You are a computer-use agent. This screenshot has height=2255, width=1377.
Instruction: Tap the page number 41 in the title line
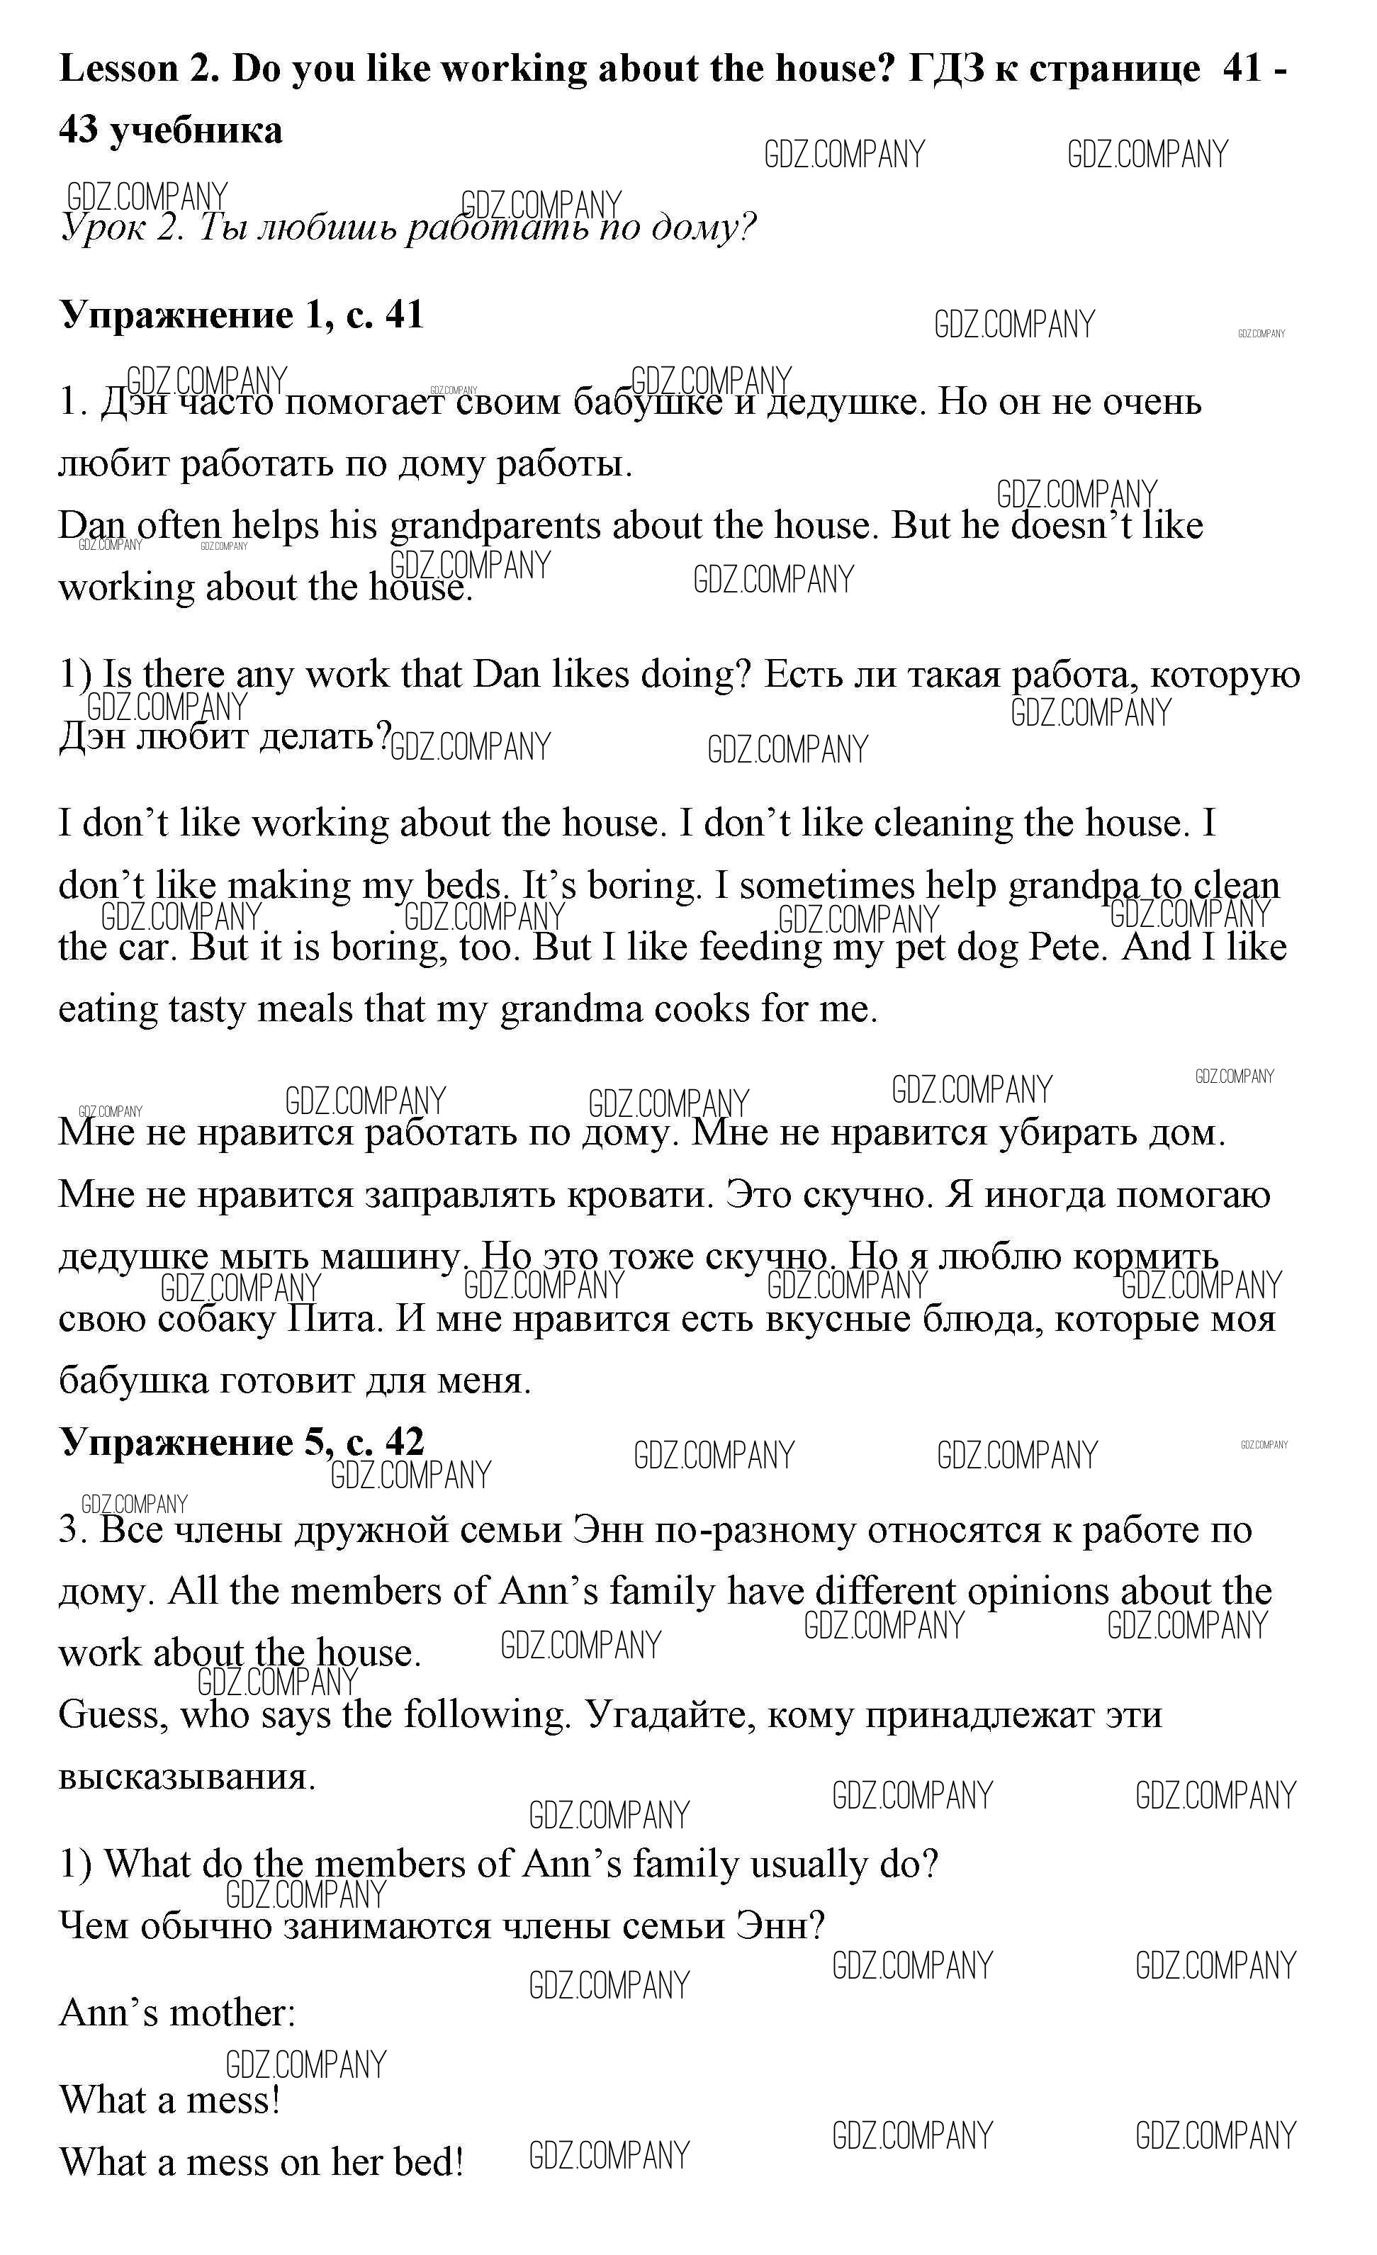[x=1242, y=69]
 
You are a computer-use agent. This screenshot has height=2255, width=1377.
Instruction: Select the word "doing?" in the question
[x=695, y=675]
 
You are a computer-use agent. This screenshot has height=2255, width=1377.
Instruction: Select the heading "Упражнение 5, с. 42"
[x=242, y=1444]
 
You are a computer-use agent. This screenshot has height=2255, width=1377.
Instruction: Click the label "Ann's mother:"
[x=177, y=2013]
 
